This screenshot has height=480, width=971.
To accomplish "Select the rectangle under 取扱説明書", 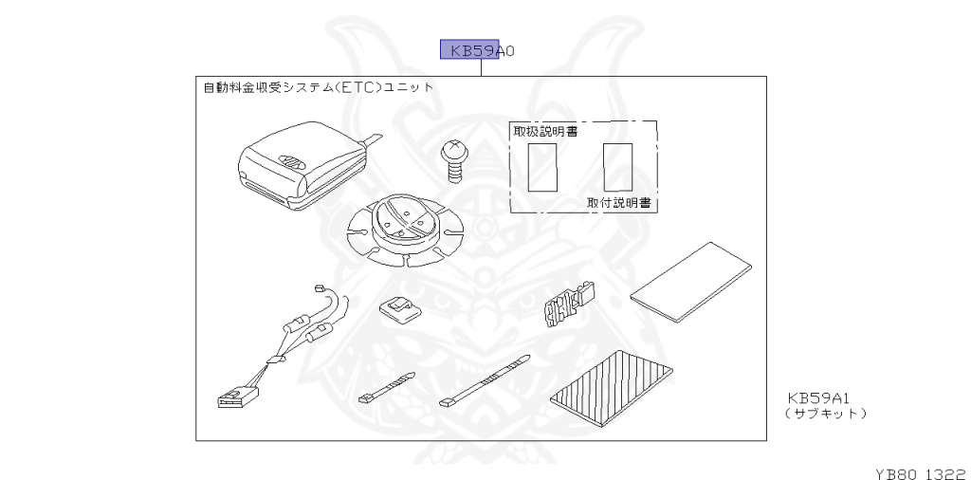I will [542, 168].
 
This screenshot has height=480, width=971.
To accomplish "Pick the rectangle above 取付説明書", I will [617, 166].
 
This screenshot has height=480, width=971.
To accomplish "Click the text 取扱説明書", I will [545, 131].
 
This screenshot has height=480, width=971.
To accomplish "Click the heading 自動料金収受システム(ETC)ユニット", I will [319, 87].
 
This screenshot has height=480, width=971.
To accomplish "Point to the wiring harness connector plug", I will [234, 394].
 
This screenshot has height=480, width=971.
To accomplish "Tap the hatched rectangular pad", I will [613, 389].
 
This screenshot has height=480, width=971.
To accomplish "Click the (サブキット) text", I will [825, 414].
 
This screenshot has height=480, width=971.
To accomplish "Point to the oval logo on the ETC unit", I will [293, 161].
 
